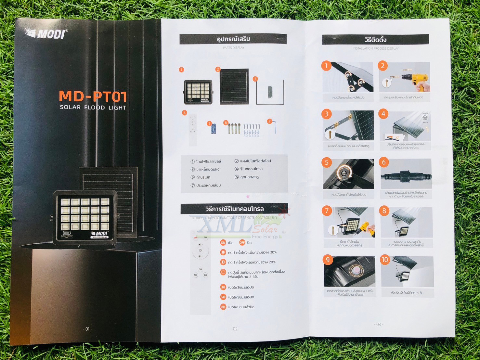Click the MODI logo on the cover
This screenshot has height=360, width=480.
click(46, 33)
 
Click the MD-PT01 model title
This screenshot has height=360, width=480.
click(93, 96)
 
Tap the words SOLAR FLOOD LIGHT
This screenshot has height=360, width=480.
click(93, 108)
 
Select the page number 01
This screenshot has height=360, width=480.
click(87, 329)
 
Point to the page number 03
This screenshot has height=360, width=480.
click(379, 324)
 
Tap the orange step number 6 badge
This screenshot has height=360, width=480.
click(384, 162)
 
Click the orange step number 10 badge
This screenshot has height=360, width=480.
click(385, 260)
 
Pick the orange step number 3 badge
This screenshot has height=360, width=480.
click(327, 114)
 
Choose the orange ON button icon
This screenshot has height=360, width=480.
click(223, 243)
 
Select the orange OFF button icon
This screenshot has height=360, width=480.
click(242, 243)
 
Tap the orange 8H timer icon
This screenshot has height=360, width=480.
click(223, 307)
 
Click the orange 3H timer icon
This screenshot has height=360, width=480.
click(223, 287)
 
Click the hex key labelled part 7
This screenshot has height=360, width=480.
click(275, 127)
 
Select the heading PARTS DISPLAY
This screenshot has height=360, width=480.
click(233, 48)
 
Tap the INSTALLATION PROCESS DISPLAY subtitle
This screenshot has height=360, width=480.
click(376, 48)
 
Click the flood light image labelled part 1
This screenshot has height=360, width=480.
click(198, 92)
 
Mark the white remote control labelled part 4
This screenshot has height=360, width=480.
click(193, 129)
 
